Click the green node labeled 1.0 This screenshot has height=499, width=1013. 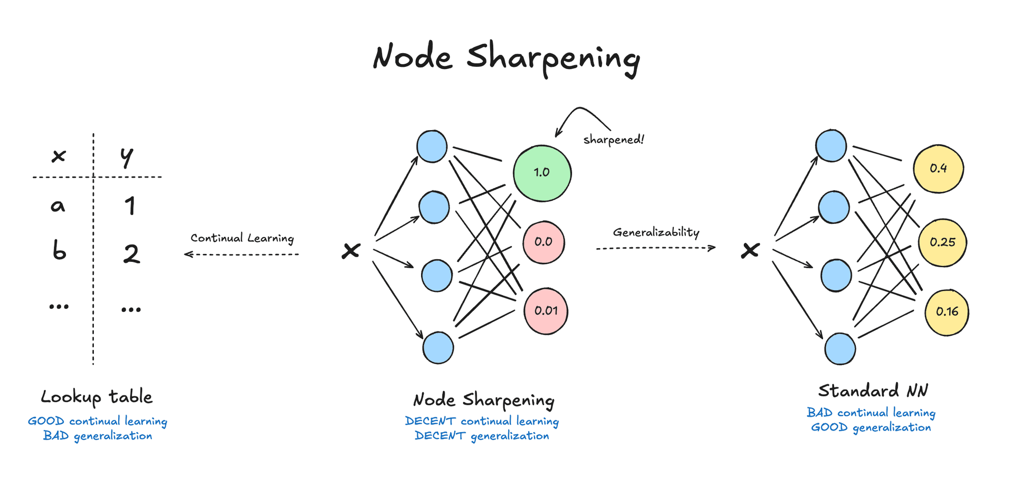542,173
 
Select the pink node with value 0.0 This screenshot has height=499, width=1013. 543,242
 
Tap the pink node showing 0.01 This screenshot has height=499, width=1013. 546,311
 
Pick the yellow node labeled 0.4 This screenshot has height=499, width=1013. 938,169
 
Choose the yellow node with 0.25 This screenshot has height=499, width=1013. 942,242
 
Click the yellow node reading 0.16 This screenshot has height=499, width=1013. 947,312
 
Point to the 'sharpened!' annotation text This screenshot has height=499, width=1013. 613,140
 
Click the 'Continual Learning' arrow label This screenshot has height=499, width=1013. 242,238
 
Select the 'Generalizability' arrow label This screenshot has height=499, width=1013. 656,232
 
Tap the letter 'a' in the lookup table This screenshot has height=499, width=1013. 58,206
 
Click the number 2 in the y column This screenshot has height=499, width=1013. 131,254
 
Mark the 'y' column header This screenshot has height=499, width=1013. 127,156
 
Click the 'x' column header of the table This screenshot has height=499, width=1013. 59,156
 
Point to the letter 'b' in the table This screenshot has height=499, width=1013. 59,250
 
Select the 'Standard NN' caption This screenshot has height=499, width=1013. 873,391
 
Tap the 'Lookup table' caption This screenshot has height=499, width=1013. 97,397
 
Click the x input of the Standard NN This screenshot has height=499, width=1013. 750,250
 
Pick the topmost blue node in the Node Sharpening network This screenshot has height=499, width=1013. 432,146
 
